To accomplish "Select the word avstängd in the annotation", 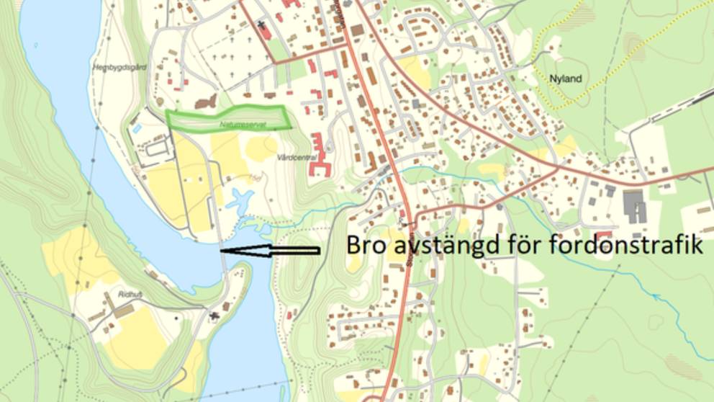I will (450, 245).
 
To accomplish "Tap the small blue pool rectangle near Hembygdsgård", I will (137, 128).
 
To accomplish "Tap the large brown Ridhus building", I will (124, 311).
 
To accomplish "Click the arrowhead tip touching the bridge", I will (222, 250).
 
